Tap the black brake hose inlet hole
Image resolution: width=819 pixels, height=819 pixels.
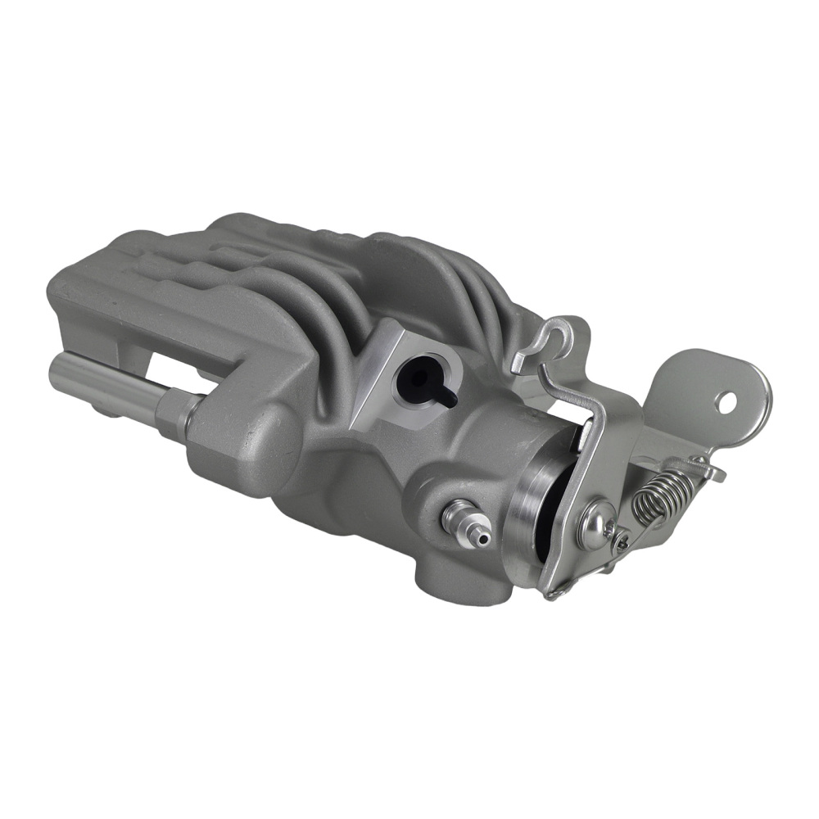point(418,378)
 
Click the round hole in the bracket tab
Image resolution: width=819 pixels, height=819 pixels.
point(726,401)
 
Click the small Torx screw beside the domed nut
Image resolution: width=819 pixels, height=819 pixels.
point(622,541)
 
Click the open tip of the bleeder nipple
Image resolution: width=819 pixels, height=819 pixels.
point(484,538)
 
